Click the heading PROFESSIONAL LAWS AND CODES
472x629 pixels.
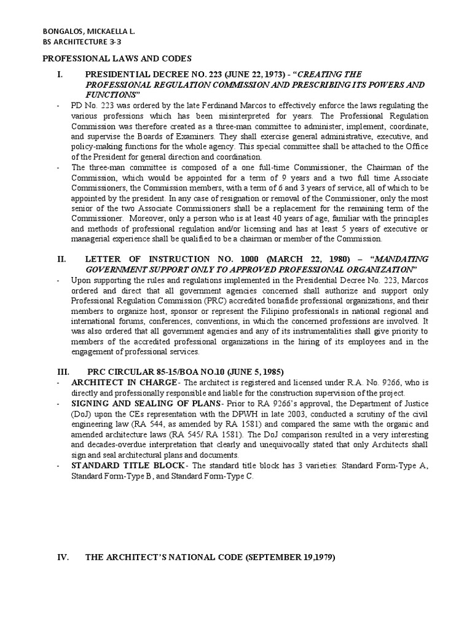pos(112,58)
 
